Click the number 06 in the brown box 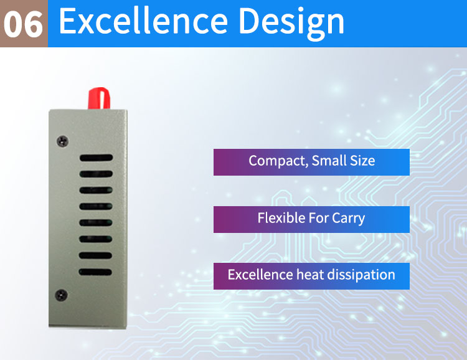pyautogui.click(x=23, y=24)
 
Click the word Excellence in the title pyautogui.click(x=144, y=21)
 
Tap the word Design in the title pyautogui.click(x=291, y=22)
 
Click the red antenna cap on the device pyautogui.click(x=99, y=98)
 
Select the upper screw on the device pyautogui.click(x=62, y=141)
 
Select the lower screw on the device pyautogui.click(x=62, y=295)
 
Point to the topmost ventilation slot pyautogui.click(x=96, y=158)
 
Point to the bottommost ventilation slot pyautogui.click(x=95, y=272)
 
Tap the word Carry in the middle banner pyautogui.click(x=349, y=219)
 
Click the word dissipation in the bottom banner pyautogui.click(x=361, y=275)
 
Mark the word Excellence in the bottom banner pyautogui.click(x=260, y=275)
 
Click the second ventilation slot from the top pyautogui.click(x=96, y=174)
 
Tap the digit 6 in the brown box pyautogui.click(x=34, y=24)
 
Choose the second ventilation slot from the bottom pyautogui.click(x=95, y=255)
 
